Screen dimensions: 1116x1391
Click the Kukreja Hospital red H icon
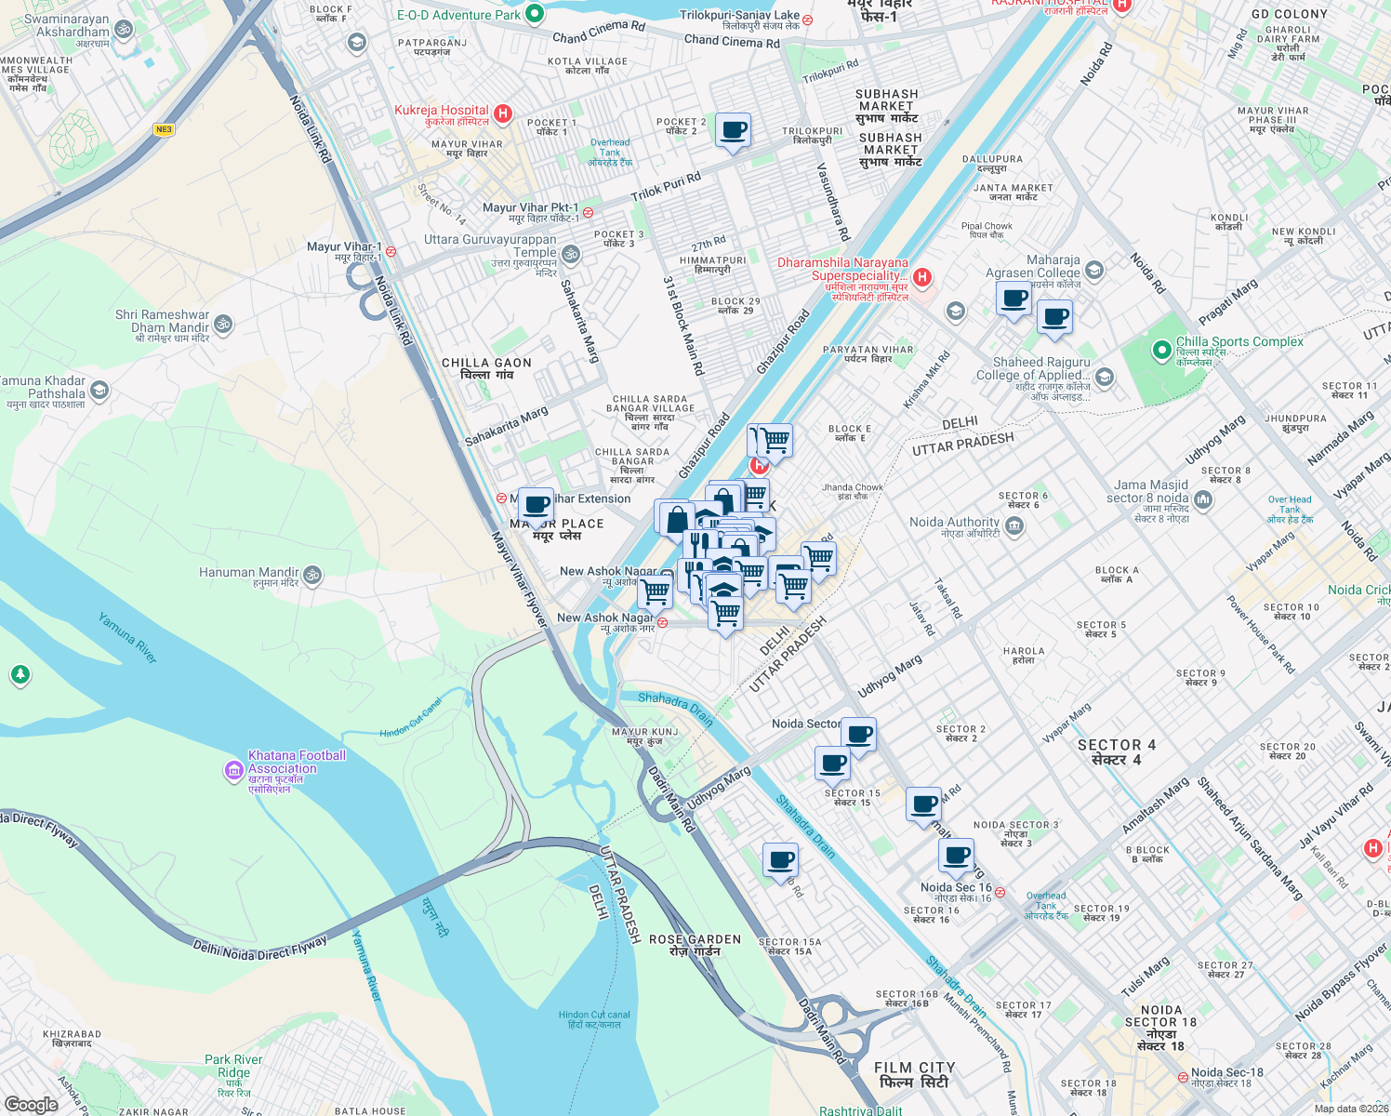(x=503, y=113)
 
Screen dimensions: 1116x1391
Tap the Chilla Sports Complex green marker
(x=1161, y=351)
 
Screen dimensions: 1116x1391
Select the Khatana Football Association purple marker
(x=233, y=770)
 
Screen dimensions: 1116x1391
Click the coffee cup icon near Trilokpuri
(x=733, y=129)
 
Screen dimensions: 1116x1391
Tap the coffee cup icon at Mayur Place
(x=536, y=505)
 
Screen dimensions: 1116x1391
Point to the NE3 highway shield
(x=165, y=129)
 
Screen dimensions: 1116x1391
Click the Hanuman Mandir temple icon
(x=313, y=575)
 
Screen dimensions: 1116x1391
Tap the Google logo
(x=31, y=1104)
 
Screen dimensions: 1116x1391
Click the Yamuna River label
(x=127, y=637)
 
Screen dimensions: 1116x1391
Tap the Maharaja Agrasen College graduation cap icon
(x=1094, y=271)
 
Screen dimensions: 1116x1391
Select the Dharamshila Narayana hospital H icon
(x=922, y=276)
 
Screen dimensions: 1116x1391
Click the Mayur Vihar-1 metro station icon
(x=391, y=250)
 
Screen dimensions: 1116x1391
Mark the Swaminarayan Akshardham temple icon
(x=124, y=29)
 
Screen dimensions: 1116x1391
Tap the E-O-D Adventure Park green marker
(x=535, y=14)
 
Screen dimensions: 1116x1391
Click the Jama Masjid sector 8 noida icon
(x=1203, y=500)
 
